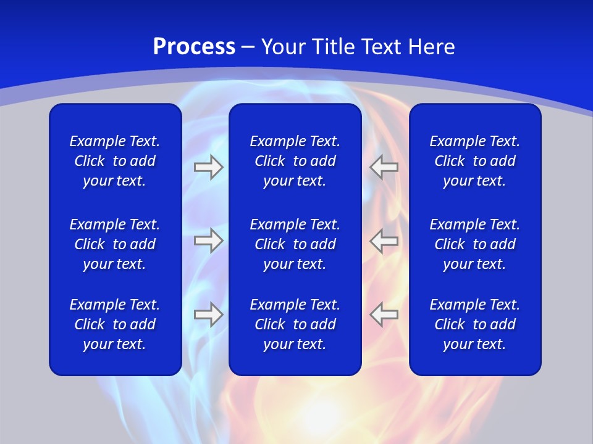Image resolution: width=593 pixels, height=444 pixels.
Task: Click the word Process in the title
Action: [x=194, y=47]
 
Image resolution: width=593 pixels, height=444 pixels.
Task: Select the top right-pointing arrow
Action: [x=208, y=167]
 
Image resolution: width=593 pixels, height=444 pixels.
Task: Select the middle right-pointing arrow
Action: [x=208, y=240]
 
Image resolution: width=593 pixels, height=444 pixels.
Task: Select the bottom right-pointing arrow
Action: [x=208, y=314]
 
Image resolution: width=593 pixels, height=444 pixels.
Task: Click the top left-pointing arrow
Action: [x=384, y=167]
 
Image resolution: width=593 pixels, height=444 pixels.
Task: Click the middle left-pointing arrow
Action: [x=384, y=240]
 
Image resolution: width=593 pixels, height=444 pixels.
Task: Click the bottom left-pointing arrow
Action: [x=384, y=314]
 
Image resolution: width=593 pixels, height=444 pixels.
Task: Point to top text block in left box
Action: [x=115, y=161]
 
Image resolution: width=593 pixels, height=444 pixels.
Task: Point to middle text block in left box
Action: [x=115, y=244]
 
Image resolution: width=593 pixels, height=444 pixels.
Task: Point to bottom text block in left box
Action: [x=115, y=324]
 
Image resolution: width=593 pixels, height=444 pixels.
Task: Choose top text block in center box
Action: [x=295, y=161]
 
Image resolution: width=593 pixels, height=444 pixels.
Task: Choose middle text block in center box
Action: [x=295, y=244]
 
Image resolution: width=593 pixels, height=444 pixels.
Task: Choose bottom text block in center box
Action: [x=295, y=324]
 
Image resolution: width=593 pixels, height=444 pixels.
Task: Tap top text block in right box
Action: [x=474, y=161]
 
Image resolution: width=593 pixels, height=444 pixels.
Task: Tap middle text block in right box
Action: [x=474, y=244]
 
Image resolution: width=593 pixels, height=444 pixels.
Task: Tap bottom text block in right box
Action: [x=474, y=324]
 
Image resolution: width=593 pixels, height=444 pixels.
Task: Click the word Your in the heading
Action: [x=281, y=47]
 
